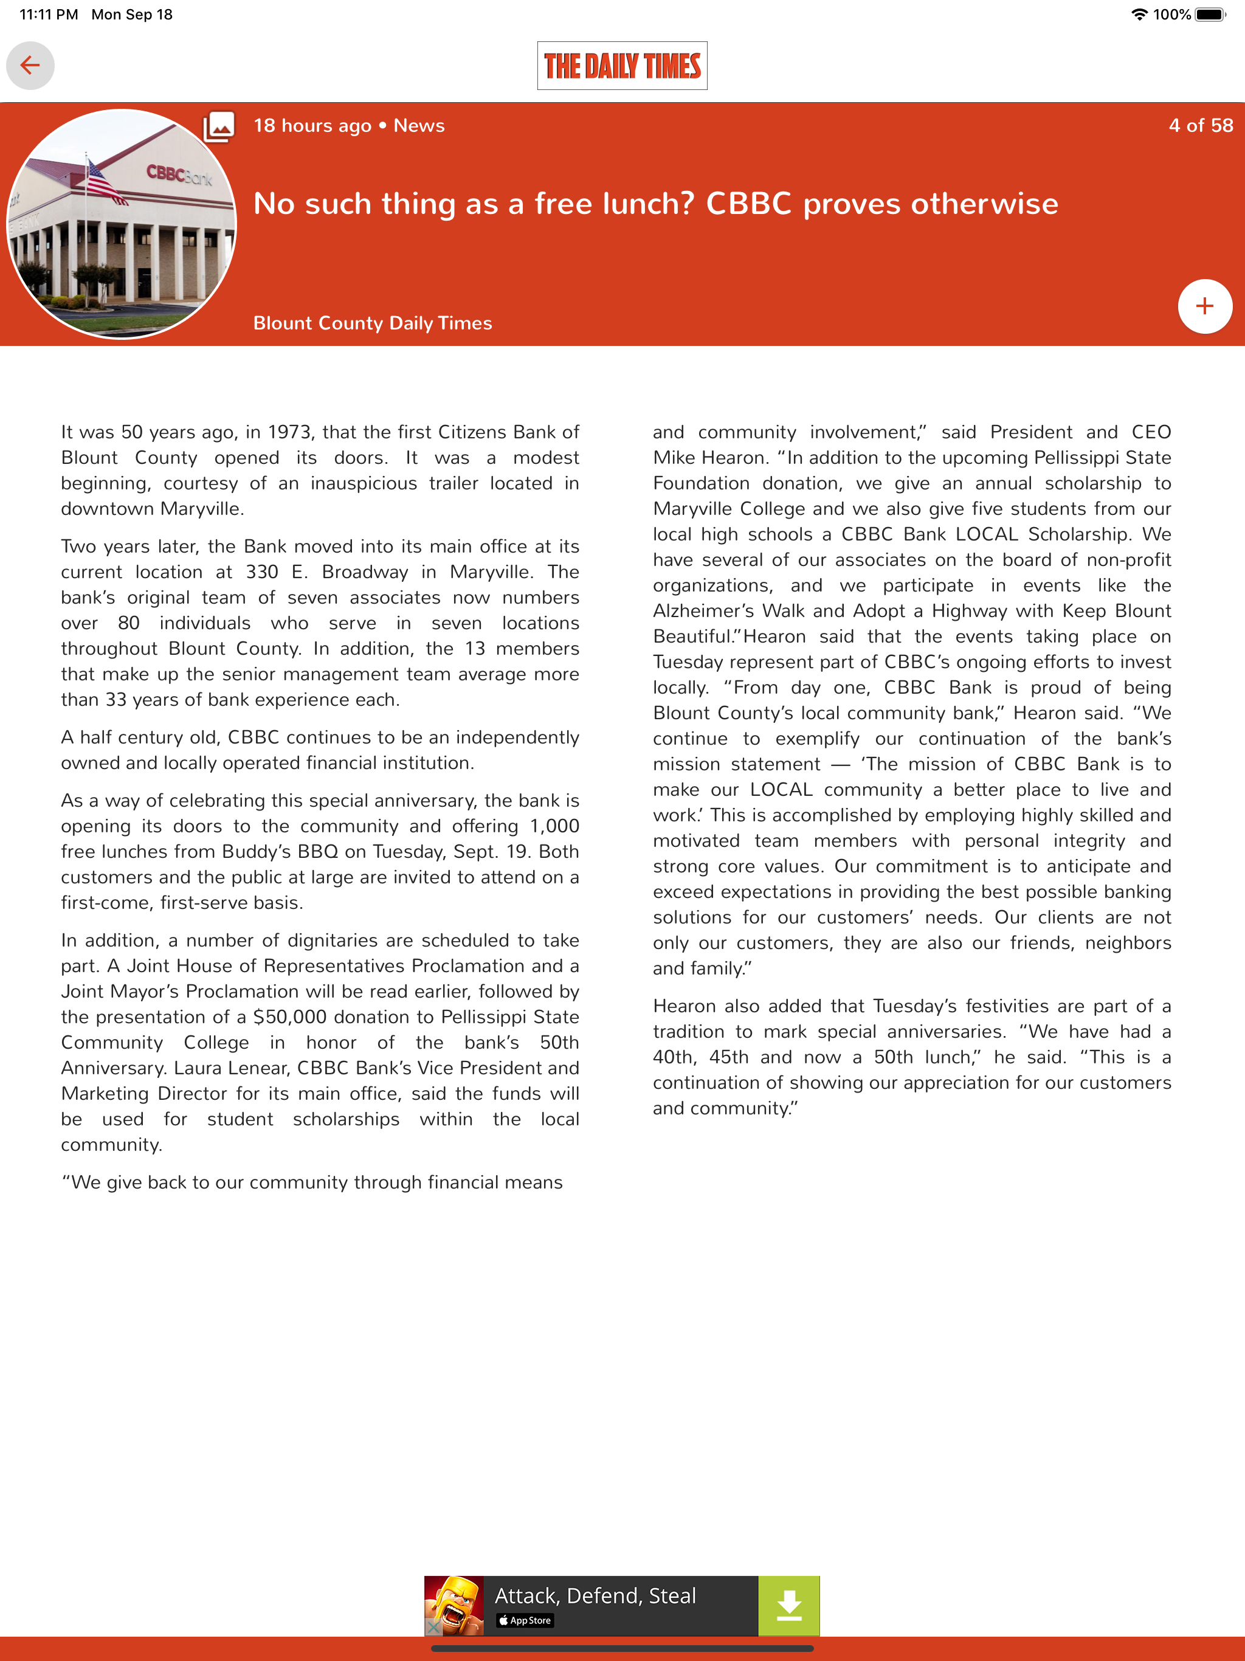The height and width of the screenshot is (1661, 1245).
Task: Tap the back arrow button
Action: point(30,65)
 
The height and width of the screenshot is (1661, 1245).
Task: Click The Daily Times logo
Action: point(622,66)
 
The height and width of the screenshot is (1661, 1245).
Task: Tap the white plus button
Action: point(1204,306)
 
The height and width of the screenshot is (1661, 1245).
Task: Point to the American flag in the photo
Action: point(103,182)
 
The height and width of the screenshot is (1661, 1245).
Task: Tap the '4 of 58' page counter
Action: point(1200,125)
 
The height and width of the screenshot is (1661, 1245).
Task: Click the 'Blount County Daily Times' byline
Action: point(373,323)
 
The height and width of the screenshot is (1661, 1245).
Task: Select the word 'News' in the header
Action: point(419,125)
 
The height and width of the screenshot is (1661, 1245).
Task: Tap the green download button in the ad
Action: point(788,1606)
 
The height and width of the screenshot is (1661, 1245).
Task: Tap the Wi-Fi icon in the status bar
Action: point(1139,14)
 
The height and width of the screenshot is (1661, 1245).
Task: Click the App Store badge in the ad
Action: point(525,1620)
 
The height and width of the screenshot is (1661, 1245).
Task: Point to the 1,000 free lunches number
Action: point(554,827)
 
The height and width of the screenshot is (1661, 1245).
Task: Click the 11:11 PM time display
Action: point(49,14)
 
